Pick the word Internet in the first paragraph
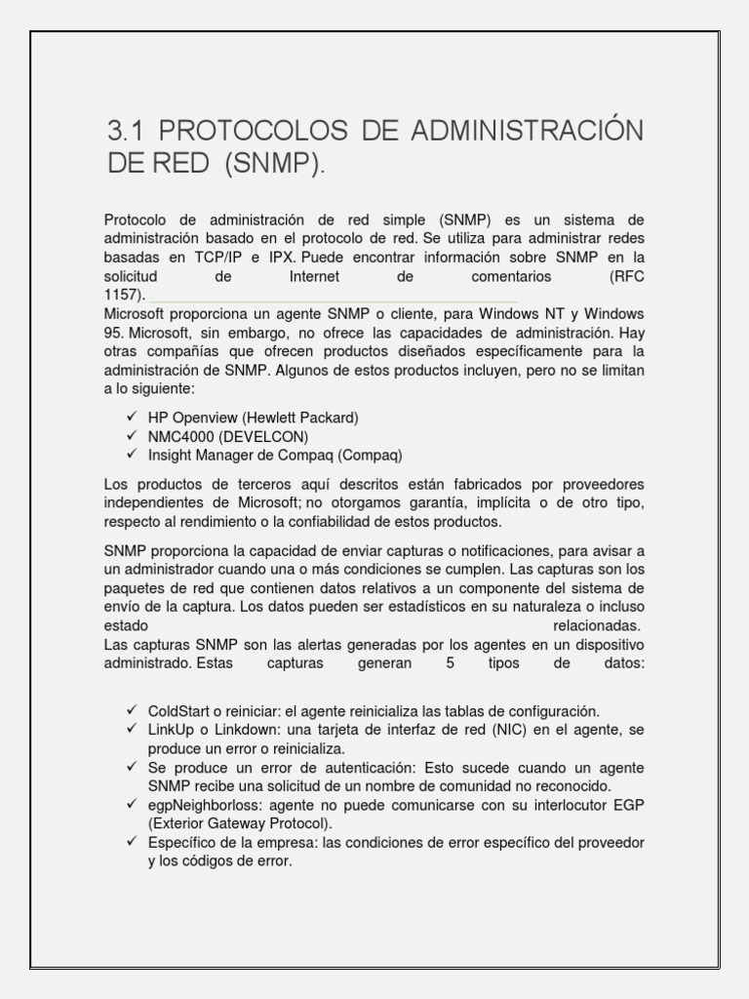coord(315,276)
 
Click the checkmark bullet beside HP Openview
coord(133,418)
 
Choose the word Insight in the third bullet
coord(171,455)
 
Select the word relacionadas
coord(596,625)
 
